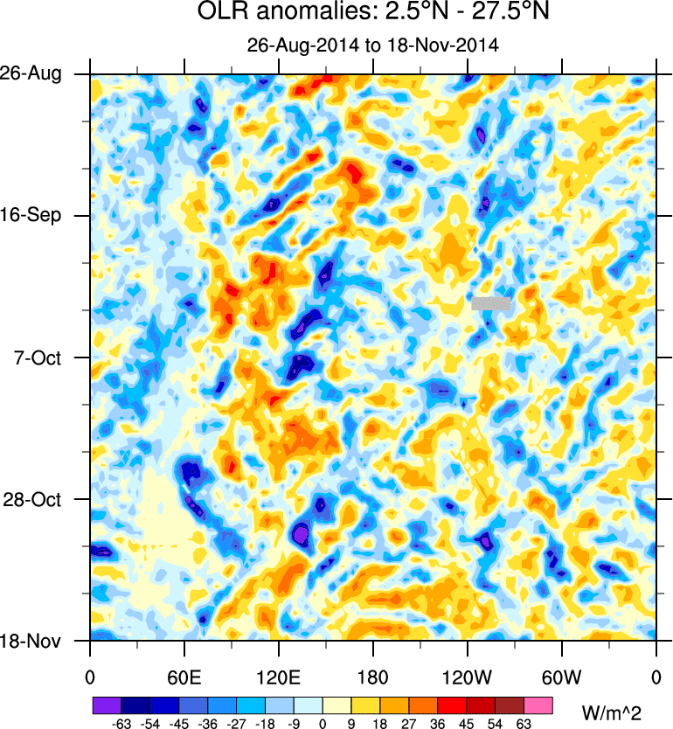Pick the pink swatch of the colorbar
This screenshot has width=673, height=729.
pos(538,704)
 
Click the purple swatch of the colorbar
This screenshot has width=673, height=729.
pos(106,704)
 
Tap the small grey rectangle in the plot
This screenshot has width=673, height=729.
pos(490,303)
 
